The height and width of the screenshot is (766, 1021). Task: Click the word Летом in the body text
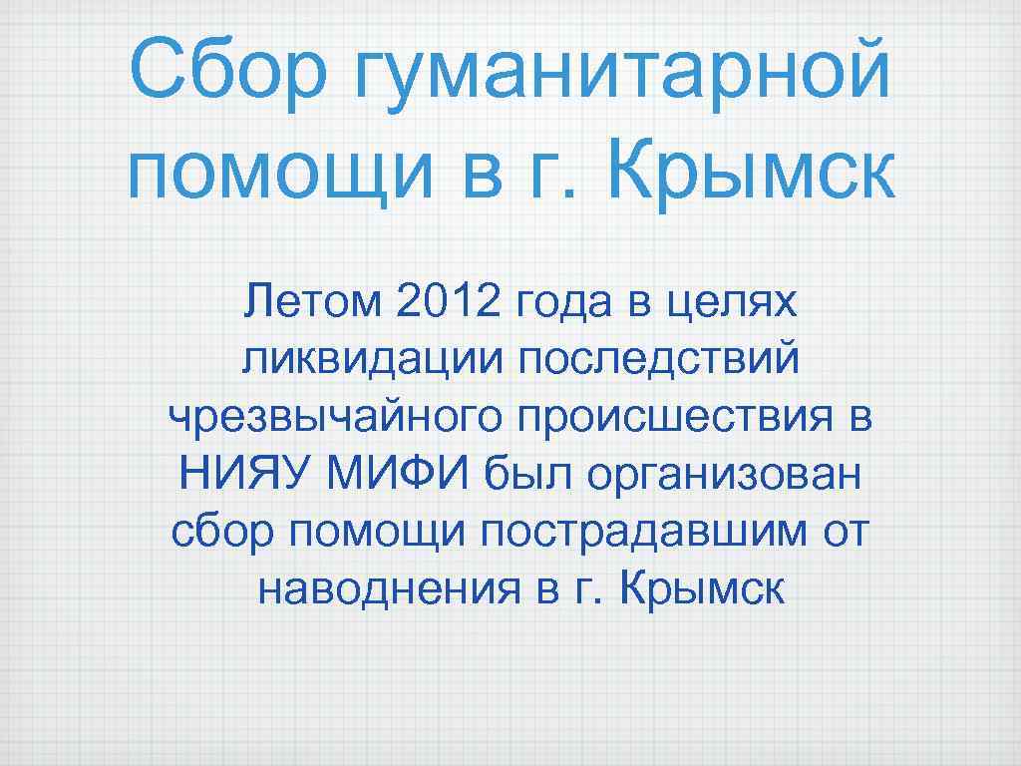(x=312, y=301)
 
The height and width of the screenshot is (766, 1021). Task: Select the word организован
(x=723, y=477)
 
